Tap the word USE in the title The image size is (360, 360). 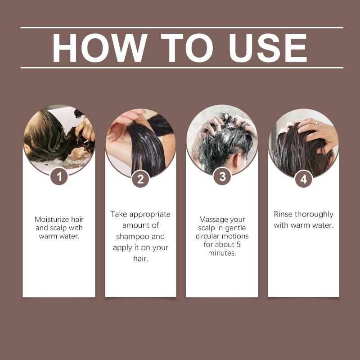tap(268, 48)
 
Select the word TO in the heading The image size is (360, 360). tap(187, 48)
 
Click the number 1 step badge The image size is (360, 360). tap(59, 176)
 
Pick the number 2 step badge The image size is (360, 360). tap(140, 179)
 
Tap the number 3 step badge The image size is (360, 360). tap(222, 176)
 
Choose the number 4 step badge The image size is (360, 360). tap(304, 179)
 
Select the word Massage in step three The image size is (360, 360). tap(212, 220)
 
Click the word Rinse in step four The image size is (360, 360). tap(283, 214)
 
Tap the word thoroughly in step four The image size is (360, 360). tap(314, 215)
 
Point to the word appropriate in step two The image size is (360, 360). tap(150, 215)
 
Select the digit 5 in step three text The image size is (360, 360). tap(238, 244)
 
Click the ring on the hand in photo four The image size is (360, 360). tap(315, 122)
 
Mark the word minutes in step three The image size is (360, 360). tap(222, 253)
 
